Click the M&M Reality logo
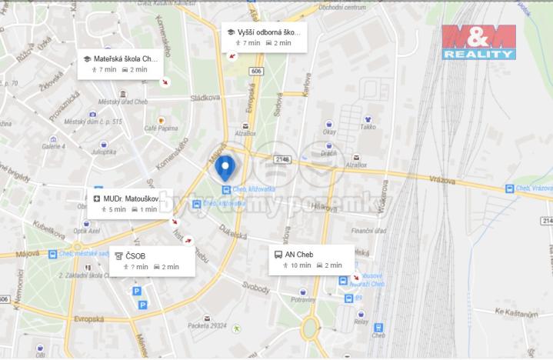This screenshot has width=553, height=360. pyautogui.click(x=478, y=42)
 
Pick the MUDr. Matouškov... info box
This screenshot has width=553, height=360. pyautogui.click(x=128, y=203)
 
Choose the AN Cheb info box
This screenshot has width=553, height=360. pyautogui.click(x=311, y=259)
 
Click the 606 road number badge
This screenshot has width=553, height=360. pyautogui.click(x=255, y=71)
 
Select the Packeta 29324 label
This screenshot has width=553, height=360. pyautogui.click(x=206, y=325)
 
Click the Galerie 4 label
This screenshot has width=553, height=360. pyautogui.click(x=53, y=145)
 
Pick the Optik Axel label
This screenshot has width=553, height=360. pyautogui.click(x=86, y=230)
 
